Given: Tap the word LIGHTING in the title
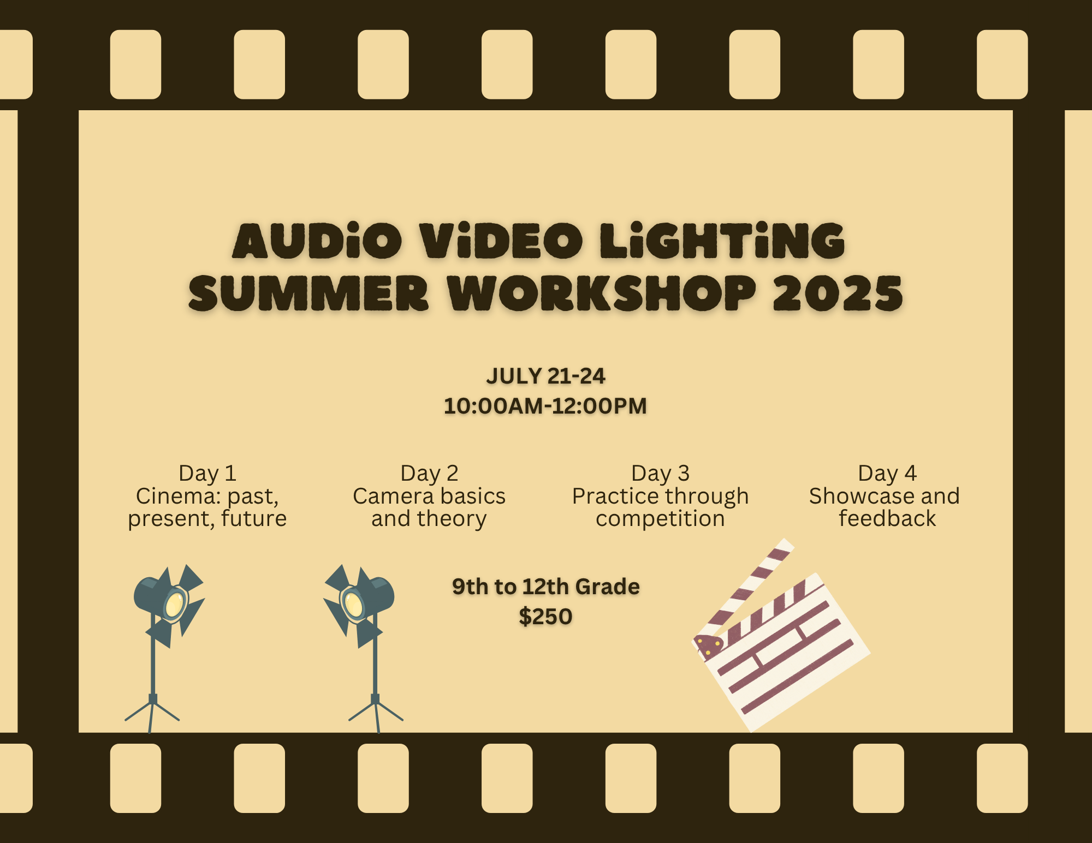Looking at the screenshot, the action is point(722,241).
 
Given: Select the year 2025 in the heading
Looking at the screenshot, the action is point(838,293).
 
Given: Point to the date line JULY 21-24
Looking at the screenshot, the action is point(545,376).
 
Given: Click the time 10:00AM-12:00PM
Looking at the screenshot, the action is point(545,406).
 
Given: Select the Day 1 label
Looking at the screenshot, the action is point(207,474).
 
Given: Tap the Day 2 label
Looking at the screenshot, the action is point(429,474).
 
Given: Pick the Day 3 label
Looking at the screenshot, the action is point(660,474).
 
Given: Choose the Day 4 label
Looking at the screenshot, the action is point(887,474).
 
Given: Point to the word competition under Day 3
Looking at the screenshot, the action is point(660,519).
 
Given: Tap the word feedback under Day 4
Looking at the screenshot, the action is point(887,518).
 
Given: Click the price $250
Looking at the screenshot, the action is point(545,617).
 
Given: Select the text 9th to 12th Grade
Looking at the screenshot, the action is point(545,587).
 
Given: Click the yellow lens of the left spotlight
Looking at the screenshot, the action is point(175,604).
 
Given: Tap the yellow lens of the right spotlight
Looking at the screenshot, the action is point(354,604).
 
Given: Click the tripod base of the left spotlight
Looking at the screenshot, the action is point(152,714).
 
